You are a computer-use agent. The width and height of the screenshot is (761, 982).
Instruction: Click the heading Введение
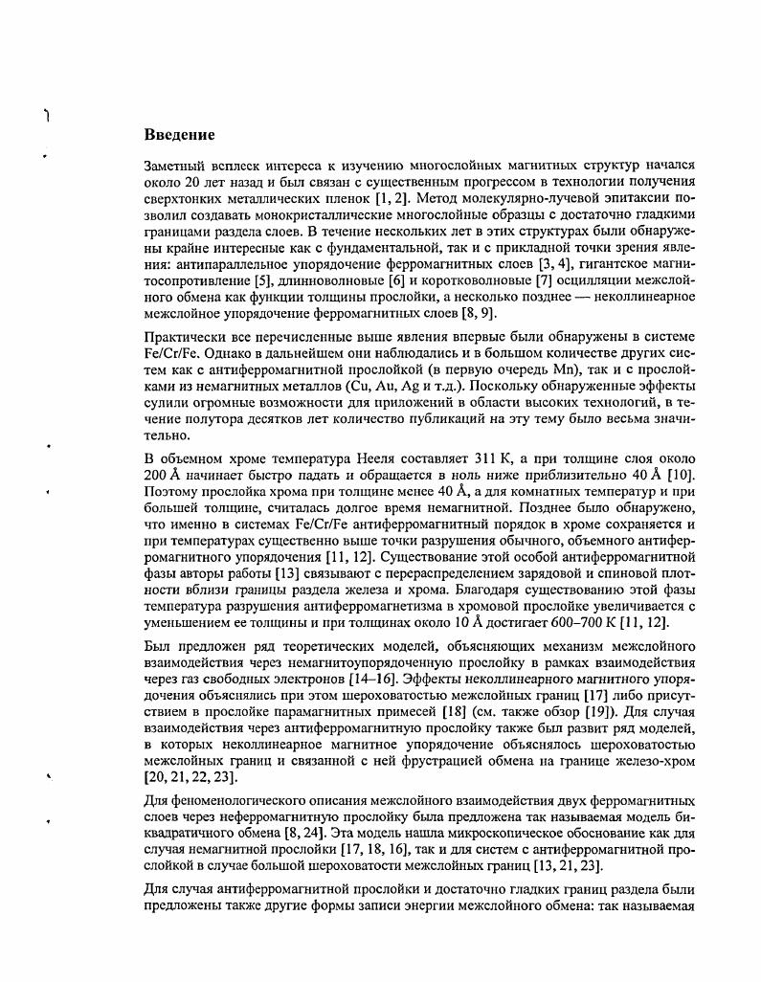click(x=179, y=134)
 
